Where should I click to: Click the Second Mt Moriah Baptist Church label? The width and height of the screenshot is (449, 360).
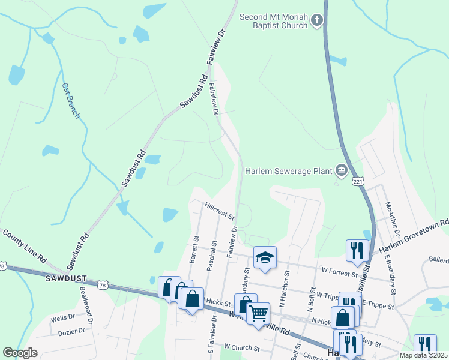pyautogui.click(x=274, y=22)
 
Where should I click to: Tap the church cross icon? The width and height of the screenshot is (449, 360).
pyautogui.click(x=317, y=22)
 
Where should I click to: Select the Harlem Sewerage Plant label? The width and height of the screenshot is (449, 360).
pyautogui.click(x=289, y=171)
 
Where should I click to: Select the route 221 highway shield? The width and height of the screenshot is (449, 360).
pyautogui.click(x=358, y=181)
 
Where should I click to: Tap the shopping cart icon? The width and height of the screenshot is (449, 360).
pyautogui.click(x=258, y=313)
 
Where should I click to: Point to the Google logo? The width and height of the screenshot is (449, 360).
pyautogui.click(x=20, y=353)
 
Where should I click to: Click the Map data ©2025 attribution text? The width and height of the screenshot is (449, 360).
pyautogui.click(x=423, y=355)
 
